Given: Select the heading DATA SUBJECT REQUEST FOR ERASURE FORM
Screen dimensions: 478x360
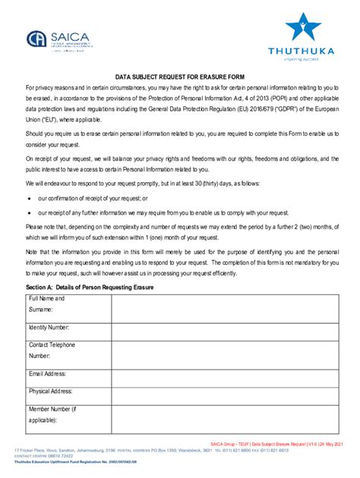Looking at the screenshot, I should coord(180,77).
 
